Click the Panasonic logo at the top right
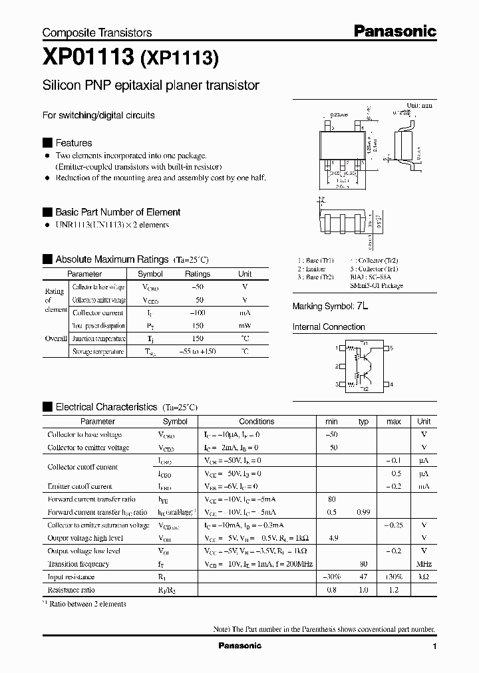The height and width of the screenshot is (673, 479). [394, 31]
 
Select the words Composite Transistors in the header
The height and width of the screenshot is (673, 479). [97, 33]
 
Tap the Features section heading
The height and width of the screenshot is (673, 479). [73, 143]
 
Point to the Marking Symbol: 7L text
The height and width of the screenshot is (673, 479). [331, 306]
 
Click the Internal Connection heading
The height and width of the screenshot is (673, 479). [329, 327]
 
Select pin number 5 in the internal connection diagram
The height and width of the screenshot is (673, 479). [392, 348]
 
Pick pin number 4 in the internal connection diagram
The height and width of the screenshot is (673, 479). [392, 384]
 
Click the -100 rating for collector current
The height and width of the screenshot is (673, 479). [197, 313]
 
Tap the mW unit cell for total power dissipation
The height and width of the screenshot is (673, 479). [245, 326]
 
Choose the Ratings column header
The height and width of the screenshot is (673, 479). [197, 274]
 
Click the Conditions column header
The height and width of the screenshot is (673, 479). [256, 422]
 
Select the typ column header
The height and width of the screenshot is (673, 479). [363, 422]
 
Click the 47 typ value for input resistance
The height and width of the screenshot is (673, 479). [363, 577]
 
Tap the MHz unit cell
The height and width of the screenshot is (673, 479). [424, 564]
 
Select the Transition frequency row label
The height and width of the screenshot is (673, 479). [79, 564]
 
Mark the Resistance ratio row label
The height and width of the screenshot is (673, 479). [71, 590]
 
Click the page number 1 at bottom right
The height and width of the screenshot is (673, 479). [434, 646]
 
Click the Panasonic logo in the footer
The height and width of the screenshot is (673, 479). [240, 646]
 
